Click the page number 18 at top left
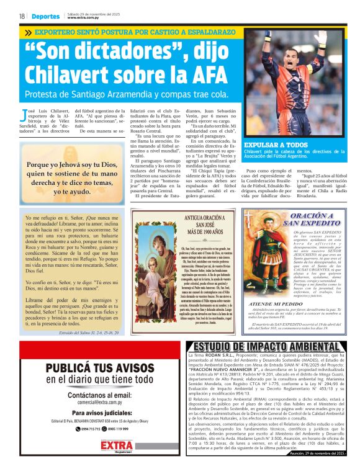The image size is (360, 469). pyautogui.click(x=21, y=16)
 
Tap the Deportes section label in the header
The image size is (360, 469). pyautogui.click(x=47, y=16)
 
